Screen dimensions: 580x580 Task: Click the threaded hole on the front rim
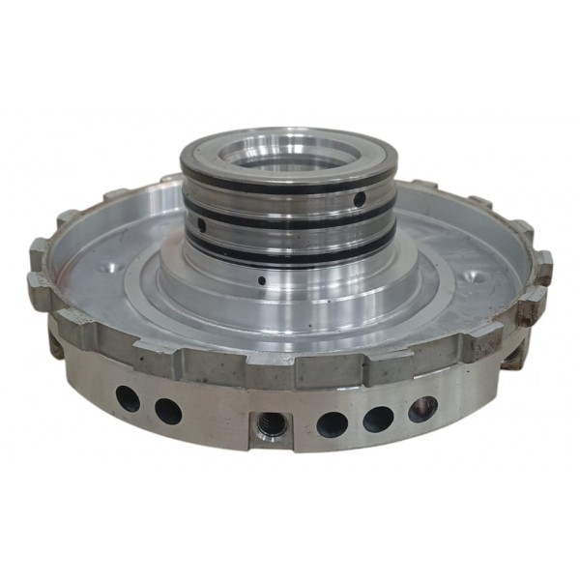[x=270, y=422]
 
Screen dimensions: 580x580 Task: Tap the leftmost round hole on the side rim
[x=127, y=397]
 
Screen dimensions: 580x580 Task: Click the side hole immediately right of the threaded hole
[x=332, y=423]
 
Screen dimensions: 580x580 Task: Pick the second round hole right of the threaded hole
[x=378, y=419]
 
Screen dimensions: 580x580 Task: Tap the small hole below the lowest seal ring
[x=260, y=281]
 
